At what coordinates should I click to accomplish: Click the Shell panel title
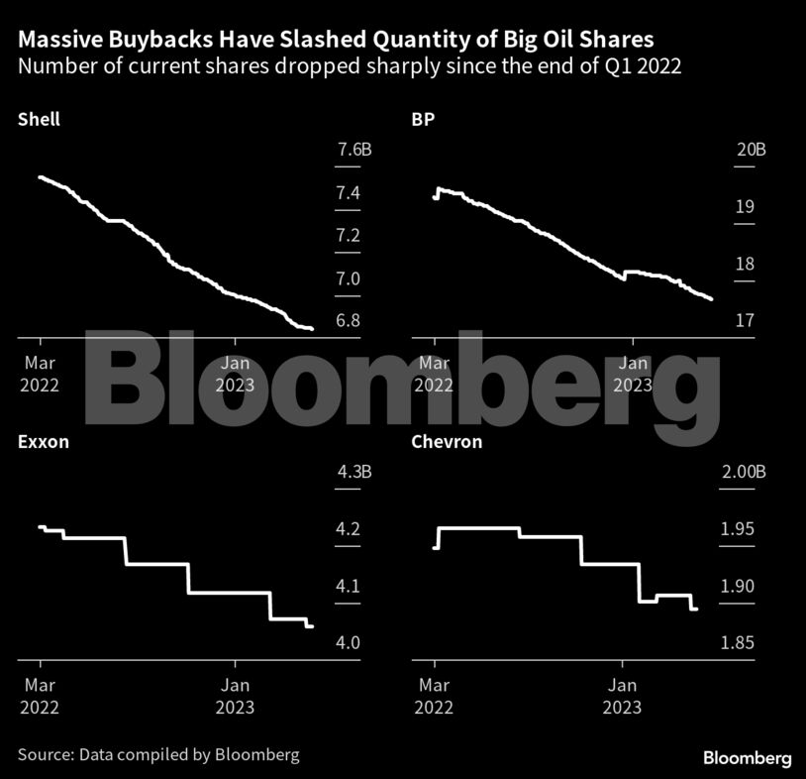click(x=39, y=120)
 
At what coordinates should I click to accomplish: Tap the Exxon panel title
click(x=44, y=442)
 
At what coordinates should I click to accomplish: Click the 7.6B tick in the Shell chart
click(x=353, y=151)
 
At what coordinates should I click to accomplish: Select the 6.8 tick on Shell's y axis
click(x=348, y=321)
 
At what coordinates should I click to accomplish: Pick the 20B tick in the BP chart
click(x=751, y=151)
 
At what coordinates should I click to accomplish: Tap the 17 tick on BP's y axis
click(x=744, y=321)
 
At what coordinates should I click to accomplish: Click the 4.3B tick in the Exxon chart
click(x=353, y=473)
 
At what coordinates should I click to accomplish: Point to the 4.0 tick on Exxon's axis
click(x=348, y=643)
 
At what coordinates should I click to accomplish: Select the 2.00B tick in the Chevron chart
click(x=743, y=473)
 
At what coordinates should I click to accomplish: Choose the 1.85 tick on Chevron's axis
click(x=737, y=643)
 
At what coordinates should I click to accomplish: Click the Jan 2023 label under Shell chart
click(x=236, y=373)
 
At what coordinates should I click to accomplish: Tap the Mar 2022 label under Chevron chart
click(x=434, y=696)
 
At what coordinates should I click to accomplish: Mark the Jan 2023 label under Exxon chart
click(x=236, y=696)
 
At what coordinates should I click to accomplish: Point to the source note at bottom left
click(x=158, y=755)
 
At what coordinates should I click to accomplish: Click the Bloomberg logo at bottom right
click(x=748, y=758)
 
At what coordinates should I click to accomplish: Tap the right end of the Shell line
click(x=312, y=328)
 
